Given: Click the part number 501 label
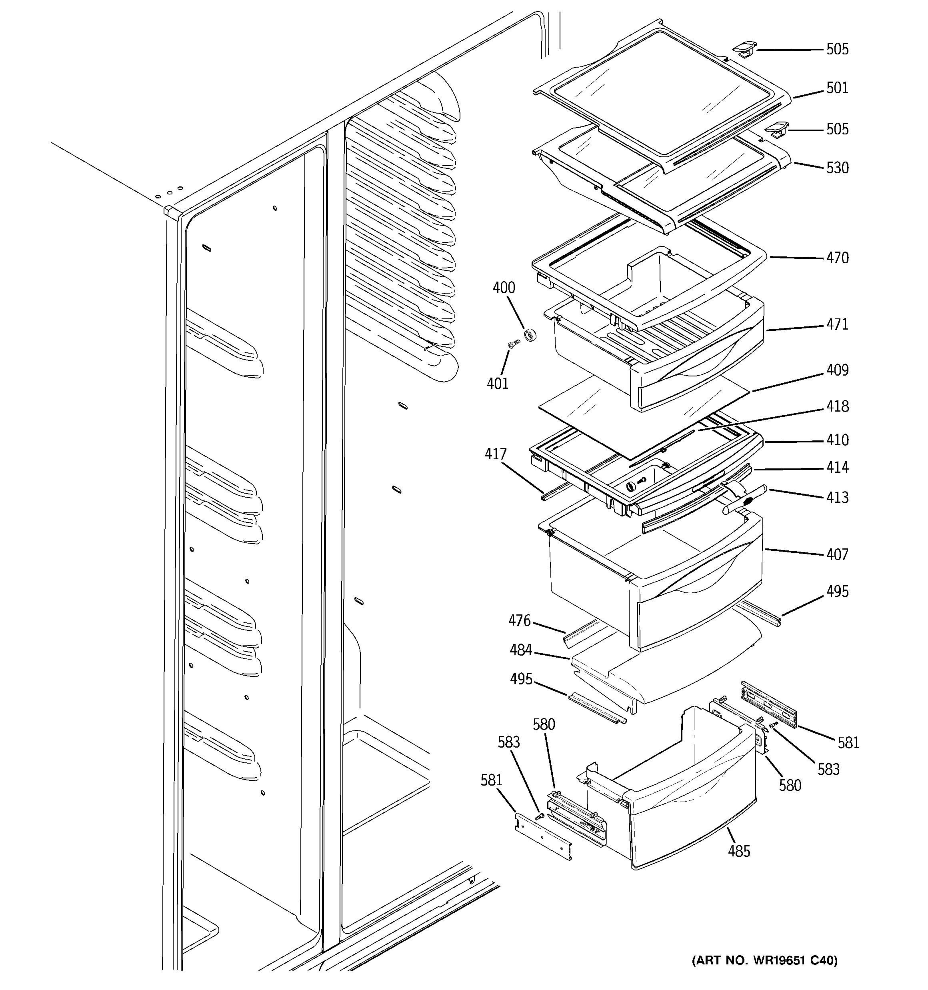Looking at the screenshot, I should coord(837,88).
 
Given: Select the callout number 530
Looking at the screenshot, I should coord(837,168).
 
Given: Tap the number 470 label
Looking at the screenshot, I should coord(837,258).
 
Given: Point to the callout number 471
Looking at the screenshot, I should coord(837,325).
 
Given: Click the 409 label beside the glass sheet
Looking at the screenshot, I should coord(837,370).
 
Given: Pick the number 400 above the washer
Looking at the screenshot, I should coord(504,288).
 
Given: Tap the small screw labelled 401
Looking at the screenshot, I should coord(514,343).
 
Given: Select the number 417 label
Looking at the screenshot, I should coord(496,454).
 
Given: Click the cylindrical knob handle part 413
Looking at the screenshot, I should coord(745,501).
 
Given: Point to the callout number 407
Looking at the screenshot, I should coord(837,555).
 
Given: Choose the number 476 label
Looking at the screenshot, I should coord(520,620).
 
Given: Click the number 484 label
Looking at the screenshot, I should coord(520,650).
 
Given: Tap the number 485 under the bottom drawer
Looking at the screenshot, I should coord(739,852).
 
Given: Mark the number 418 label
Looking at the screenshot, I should coord(837,406).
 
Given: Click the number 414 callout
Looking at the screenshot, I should coord(837,468).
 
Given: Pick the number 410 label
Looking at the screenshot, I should coord(837,440).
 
